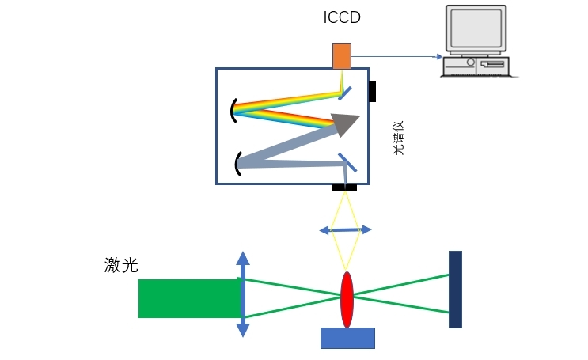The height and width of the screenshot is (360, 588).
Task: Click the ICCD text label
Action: point(341,17)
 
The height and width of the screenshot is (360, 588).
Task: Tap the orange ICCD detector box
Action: point(341,55)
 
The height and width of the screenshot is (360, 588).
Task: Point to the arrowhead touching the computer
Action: point(438,57)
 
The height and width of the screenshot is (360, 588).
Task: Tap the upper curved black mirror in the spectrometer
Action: point(232,110)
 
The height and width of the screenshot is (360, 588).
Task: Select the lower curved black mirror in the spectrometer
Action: point(237,163)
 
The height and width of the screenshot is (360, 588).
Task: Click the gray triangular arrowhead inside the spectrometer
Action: point(346,123)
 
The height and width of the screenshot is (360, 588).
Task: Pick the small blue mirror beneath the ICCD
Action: point(345,93)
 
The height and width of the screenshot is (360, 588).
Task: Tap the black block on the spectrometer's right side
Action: point(372,91)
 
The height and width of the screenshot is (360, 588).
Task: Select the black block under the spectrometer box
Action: point(344,188)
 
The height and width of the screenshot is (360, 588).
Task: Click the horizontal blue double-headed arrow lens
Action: point(345,229)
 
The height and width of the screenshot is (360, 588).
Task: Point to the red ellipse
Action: point(347,299)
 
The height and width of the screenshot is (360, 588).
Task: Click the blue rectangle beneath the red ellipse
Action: point(347,338)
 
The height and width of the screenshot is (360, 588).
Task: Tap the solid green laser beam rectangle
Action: point(189,298)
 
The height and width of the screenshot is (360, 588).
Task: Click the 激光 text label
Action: point(121,265)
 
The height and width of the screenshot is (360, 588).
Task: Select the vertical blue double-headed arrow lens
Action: point(243,295)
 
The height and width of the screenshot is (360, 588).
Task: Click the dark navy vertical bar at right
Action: point(455,289)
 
